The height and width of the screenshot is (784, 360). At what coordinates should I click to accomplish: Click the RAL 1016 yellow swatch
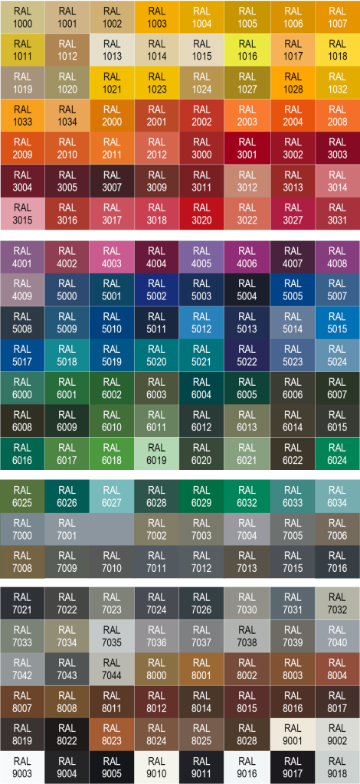tap(247, 50)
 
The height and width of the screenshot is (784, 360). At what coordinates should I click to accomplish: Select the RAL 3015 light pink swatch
tap(22, 214)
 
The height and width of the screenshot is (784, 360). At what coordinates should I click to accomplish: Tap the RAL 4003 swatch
tap(112, 257)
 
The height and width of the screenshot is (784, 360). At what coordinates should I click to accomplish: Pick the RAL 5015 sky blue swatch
tap(338, 322)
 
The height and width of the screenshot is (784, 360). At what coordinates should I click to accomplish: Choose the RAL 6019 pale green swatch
tap(157, 453)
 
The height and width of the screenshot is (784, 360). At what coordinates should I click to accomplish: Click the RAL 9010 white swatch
tap(157, 767)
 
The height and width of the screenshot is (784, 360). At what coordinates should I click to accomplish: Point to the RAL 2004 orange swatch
tap(293, 116)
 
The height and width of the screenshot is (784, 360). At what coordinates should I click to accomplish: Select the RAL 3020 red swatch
tap(201, 214)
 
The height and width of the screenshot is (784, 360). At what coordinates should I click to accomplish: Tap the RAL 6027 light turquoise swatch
tap(112, 496)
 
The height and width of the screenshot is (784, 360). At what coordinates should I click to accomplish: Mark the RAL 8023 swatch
tap(112, 734)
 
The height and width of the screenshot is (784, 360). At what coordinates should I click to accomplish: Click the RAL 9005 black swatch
tap(112, 767)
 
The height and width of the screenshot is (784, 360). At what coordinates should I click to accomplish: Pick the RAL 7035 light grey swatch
tap(112, 636)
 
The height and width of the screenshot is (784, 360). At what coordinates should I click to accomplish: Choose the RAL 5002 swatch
tap(157, 290)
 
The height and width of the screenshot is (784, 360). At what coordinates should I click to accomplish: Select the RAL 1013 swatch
tap(112, 50)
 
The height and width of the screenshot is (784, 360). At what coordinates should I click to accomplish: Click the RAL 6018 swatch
tap(112, 453)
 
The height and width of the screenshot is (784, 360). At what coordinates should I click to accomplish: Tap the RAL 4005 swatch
tap(201, 257)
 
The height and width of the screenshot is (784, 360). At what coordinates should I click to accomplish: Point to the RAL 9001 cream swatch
tap(293, 734)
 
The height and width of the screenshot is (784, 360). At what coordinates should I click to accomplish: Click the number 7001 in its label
tap(67, 535)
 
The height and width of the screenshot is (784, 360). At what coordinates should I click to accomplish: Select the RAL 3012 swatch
tap(247, 181)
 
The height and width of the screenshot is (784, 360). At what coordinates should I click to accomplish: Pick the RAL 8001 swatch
tap(201, 669)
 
